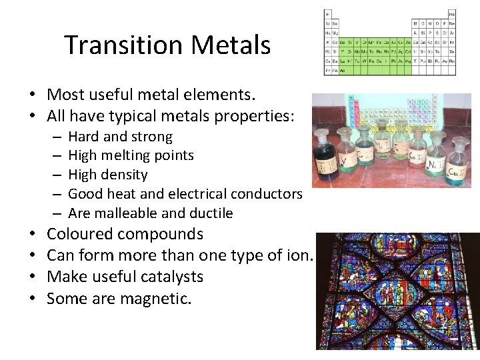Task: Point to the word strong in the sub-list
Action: (x=152, y=137)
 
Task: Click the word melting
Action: (x=126, y=155)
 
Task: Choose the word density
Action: (x=126, y=175)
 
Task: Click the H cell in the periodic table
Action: (x=327, y=14)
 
